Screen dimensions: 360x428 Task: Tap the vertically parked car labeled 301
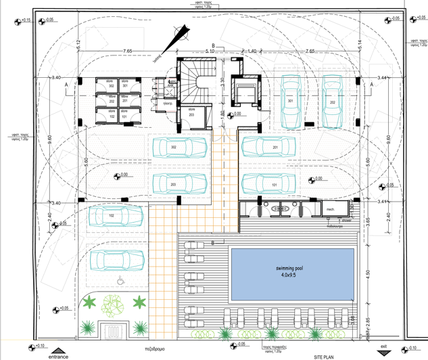[x=291, y=104]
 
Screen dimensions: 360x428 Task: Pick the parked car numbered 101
[x=269, y=183]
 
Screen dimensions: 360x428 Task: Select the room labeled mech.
[x=331, y=209]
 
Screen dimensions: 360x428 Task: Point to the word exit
[x=383, y=346]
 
